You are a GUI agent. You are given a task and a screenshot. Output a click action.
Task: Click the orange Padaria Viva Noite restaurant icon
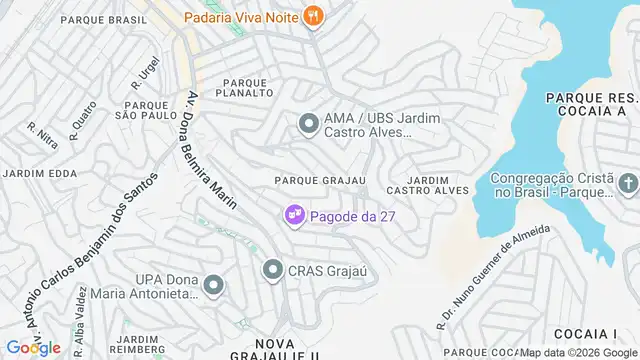pyautogui.click(x=314, y=15)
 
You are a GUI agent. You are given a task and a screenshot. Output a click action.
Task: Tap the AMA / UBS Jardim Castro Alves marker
pyautogui.click(x=308, y=124)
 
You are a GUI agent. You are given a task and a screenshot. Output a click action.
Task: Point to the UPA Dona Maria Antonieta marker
pyautogui.click(x=212, y=287)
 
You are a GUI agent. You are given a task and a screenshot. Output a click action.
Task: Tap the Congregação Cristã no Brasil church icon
pyautogui.click(x=627, y=184)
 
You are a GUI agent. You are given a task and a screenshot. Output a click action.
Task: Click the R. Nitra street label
pyautogui.click(x=43, y=136)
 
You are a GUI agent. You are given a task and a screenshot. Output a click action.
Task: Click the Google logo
pyautogui.click(x=32, y=347)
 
